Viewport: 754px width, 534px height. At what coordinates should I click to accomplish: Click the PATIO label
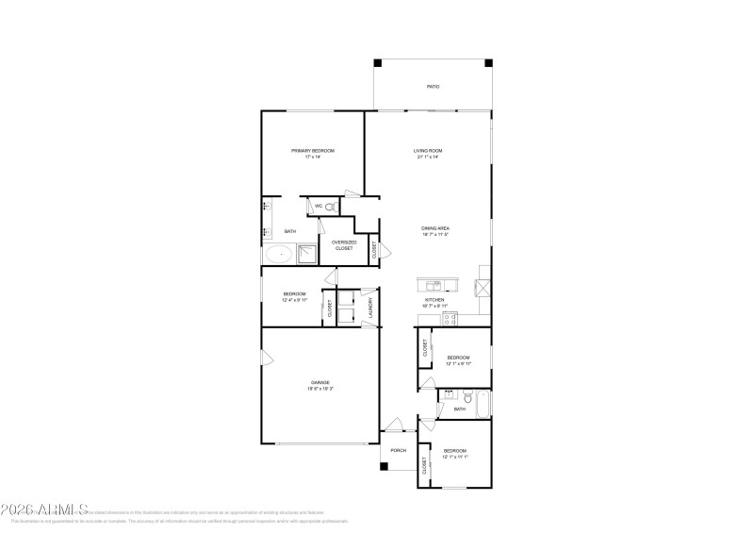click(x=434, y=87)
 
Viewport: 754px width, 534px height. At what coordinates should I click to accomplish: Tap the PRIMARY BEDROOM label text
click(x=312, y=151)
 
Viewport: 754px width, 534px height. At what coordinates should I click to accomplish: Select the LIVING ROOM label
click(x=428, y=151)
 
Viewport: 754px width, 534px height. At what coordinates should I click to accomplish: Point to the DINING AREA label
click(x=434, y=228)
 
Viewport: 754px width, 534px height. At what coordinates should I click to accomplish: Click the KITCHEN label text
click(x=434, y=300)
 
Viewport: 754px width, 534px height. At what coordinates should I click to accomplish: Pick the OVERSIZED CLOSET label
click(x=343, y=244)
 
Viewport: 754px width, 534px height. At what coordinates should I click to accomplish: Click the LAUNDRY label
click(x=371, y=307)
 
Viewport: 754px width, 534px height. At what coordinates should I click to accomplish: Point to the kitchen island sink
click(x=434, y=285)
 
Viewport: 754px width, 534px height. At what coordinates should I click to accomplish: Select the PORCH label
click(x=399, y=450)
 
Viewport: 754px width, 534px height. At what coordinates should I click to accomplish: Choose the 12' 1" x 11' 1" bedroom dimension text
click(x=456, y=457)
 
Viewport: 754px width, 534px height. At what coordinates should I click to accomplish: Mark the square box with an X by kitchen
click(x=483, y=287)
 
